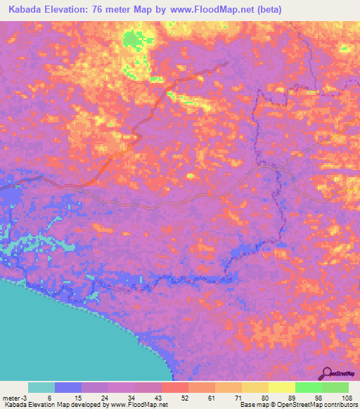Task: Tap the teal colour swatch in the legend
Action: [x=41, y=387]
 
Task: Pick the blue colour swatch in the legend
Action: [x=68, y=387]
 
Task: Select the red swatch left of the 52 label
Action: [x=175, y=387]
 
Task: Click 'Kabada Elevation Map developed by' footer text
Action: [x=46, y=405]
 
